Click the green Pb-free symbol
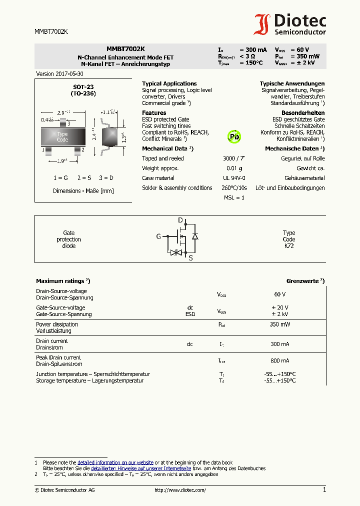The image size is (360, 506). click(x=234, y=136)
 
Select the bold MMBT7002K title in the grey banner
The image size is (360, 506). click(x=125, y=49)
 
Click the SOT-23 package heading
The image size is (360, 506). click(x=83, y=87)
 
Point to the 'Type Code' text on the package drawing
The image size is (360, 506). click(x=62, y=137)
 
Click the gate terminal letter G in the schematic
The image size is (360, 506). click(x=158, y=236)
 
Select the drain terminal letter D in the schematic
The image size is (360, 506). click(x=181, y=220)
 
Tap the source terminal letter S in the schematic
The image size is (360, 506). click(x=190, y=258)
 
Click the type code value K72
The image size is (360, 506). click(x=289, y=246)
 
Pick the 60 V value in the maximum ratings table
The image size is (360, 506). click(x=280, y=294)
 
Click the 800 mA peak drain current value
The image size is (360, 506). click(x=280, y=360)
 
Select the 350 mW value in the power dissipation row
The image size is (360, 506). click(x=280, y=324)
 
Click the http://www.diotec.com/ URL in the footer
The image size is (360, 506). click(x=180, y=490)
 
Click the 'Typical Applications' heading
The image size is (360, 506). click(x=169, y=83)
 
